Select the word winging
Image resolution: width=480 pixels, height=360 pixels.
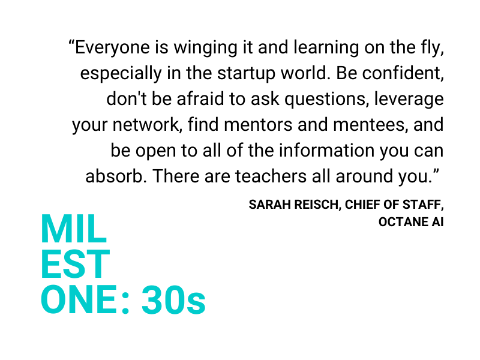pyautogui.click(x=205, y=49)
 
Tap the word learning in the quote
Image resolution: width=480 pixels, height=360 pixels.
pyautogui.click(x=326, y=49)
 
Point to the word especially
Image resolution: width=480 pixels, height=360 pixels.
pyautogui.click(x=121, y=74)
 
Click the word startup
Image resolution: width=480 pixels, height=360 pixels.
pyautogui.click(x=246, y=74)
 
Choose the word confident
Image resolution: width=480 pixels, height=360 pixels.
pyautogui.click(x=403, y=73)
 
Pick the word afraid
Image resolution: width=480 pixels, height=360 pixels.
pyautogui.click(x=200, y=99)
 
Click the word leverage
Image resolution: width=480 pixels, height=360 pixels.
pyautogui.click(x=409, y=100)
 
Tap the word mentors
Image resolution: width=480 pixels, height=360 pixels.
pyautogui.click(x=258, y=125)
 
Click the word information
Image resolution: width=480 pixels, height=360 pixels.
pyautogui.click(x=326, y=151)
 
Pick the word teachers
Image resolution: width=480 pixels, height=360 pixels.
pyautogui.click(x=271, y=176)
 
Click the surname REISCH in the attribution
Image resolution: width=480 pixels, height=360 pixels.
pyautogui.click(x=318, y=205)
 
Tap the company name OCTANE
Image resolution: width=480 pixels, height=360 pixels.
pyautogui.click(x=403, y=222)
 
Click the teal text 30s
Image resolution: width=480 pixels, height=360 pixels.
pyautogui.click(x=173, y=300)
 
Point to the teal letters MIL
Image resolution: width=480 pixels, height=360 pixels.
pyautogui.click(x=74, y=229)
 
